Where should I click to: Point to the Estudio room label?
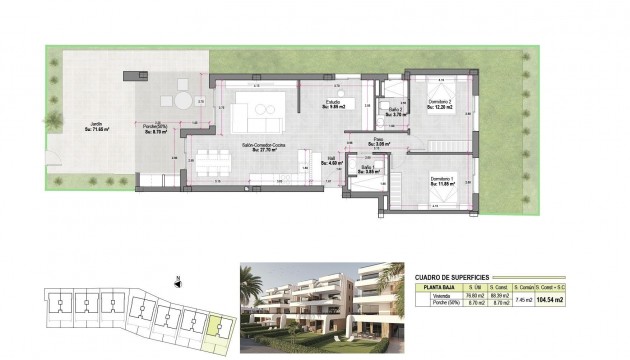(335, 104)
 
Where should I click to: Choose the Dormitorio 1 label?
(442, 181)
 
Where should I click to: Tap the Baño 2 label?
(396, 112)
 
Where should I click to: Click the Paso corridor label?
(379, 142)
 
